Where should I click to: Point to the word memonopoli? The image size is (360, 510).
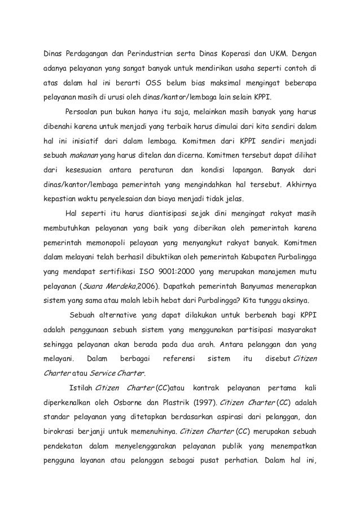click(x=110, y=243)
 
